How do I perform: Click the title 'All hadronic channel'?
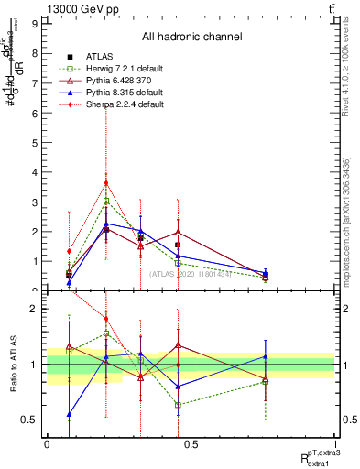191,37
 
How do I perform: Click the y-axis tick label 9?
35,25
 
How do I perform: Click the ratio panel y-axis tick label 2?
35,309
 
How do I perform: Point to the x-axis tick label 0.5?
191,444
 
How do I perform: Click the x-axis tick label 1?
335,444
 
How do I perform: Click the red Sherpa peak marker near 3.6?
106,182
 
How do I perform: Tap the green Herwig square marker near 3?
106,201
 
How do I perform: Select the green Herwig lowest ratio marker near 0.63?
179,405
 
